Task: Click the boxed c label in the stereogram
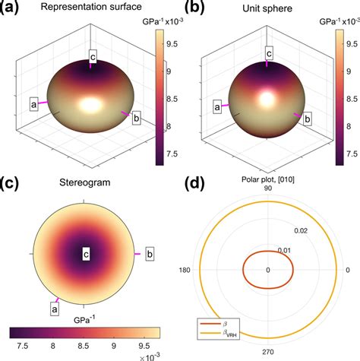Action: (x=87, y=254)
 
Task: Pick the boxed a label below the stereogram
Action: (x=55, y=308)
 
